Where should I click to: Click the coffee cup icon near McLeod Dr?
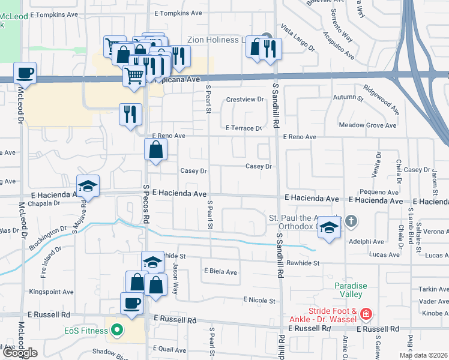pyautogui.click(x=25, y=73)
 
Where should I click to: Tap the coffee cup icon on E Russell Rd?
pyautogui.click(x=131, y=303)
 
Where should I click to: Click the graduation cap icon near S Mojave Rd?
pyautogui.click(x=88, y=185)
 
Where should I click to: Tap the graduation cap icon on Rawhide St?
pyautogui.click(x=152, y=262)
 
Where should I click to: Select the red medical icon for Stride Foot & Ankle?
pyautogui.click(x=367, y=314)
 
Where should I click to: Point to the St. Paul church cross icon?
pyautogui.click(x=352, y=222)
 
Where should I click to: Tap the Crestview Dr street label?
pyautogui.click(x=245, y=99)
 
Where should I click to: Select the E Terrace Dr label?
pyautogui.click(x=244, y=128)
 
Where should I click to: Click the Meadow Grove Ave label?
pyautogui.click(x=367, y=125)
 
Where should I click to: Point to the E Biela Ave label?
pyautogui.click(x=220, y=272)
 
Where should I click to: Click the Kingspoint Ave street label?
pyautogui.click(x=50, y=292)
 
